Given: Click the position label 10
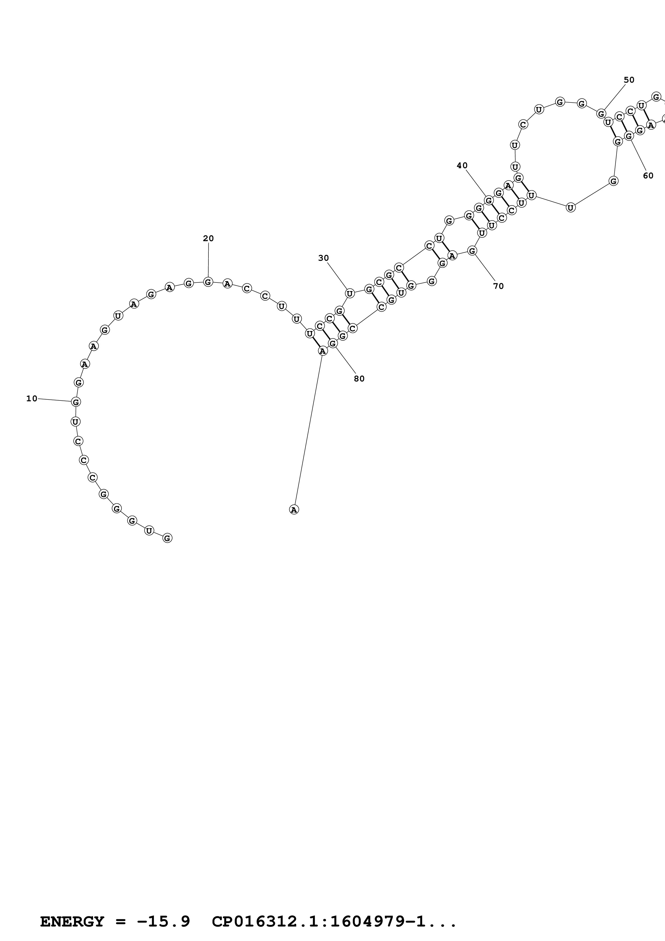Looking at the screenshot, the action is tap(32, 398).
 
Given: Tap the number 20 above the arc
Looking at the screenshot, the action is tap(208, 238).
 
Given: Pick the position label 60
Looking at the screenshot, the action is tap(648, 176).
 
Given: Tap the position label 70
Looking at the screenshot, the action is tap(498, 286).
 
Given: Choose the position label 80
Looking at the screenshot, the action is tap(359, 379).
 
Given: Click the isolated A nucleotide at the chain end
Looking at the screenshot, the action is tap(294, 509).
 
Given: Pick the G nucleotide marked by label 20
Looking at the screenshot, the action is tap(208, 282).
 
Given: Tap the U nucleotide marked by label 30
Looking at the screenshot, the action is tap(350, 293).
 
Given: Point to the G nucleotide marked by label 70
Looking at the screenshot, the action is tap(472, 251).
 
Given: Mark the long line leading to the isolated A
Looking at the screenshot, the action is tap(308, 430).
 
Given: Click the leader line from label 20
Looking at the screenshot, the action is tap(208, 260).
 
